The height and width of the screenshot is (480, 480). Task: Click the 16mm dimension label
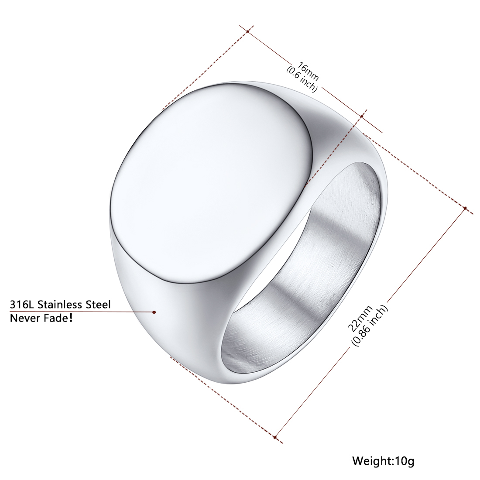308,72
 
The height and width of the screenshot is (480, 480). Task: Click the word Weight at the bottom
371,460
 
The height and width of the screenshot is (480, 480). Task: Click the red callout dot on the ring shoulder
154,312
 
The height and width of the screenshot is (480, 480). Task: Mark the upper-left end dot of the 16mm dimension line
247,31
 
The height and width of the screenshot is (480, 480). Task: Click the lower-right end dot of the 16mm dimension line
362,116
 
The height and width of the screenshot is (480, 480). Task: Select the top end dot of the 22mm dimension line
465,209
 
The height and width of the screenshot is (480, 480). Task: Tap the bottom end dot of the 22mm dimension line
275,436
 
